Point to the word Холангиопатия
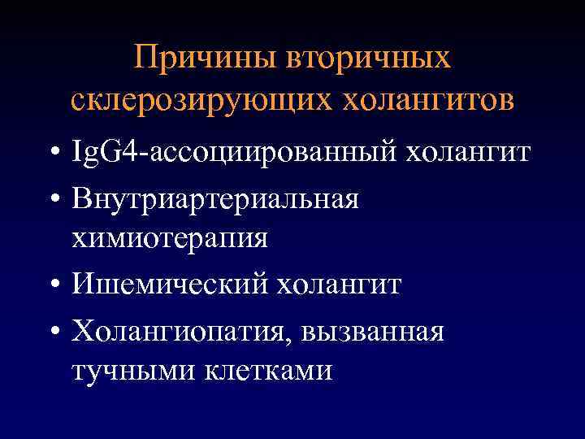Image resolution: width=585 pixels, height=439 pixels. [x=183, y=331]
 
